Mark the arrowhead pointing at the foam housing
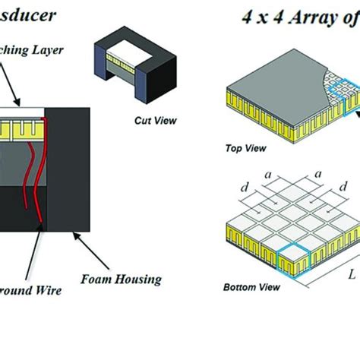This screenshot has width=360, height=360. point(74,237)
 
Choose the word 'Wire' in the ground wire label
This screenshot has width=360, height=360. point(47,289)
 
